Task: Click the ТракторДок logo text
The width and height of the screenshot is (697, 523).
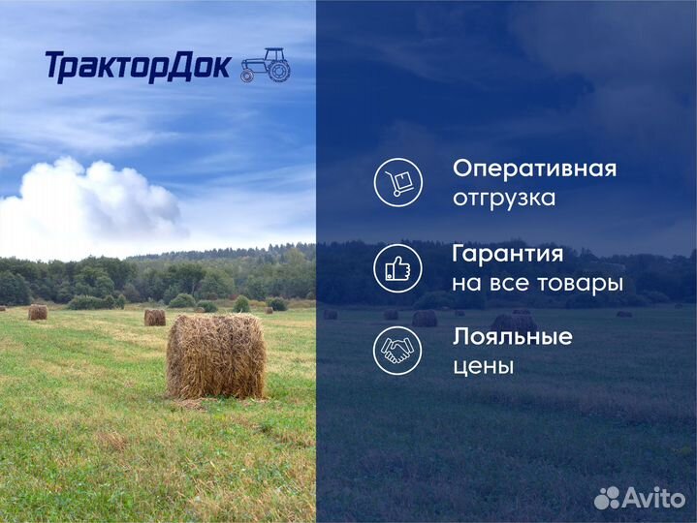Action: coord(137,66)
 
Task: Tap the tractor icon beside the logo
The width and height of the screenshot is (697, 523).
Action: coord(265,65)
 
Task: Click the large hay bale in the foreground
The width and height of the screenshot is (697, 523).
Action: coord(215,356)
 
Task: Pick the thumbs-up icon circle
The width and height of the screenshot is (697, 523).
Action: coord(397,267)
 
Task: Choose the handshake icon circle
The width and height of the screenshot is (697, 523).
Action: coord(397,351)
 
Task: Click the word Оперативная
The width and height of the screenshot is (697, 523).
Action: coord(534,169)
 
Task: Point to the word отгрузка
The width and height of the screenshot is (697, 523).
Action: coord(504,198)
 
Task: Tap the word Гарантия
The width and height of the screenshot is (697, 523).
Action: coord(507,254)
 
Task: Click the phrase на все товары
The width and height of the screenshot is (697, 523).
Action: coord(537,284)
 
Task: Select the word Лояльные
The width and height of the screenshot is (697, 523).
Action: coord(512,337)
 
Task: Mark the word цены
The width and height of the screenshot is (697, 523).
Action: coord(483,367)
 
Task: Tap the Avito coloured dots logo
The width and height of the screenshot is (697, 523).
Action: coord(607,498)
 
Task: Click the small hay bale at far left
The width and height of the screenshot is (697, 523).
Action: coord(37,312)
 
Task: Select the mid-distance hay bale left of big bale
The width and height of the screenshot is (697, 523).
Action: coord(154,317)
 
